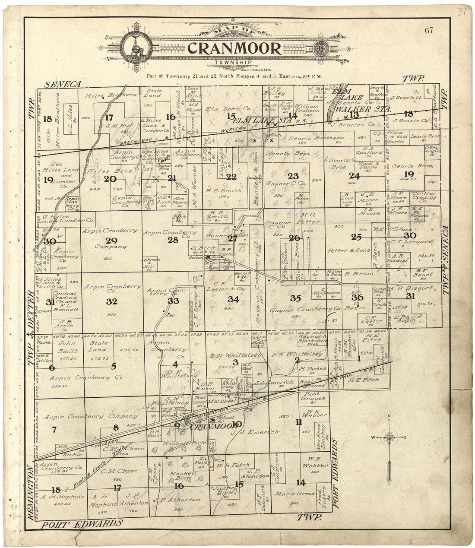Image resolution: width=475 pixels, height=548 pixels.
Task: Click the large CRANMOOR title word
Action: [234, 48]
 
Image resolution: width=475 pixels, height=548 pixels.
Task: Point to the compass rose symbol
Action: [389, 437]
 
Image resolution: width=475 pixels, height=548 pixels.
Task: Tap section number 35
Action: [295, 298]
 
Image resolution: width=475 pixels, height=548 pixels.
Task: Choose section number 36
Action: [357, 297]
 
